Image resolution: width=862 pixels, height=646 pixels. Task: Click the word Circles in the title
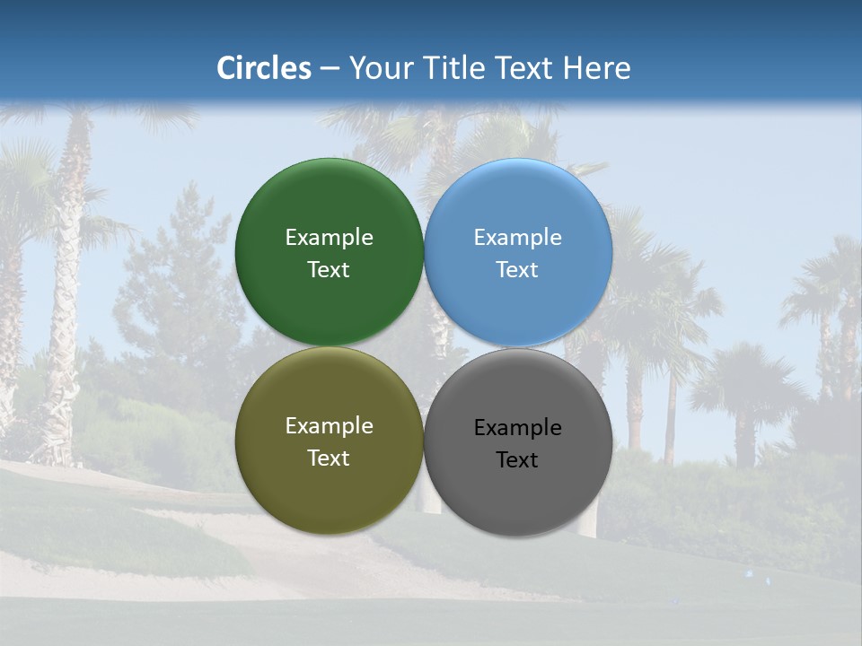pos(264,68)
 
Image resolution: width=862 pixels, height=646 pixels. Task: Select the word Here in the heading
pos(596,68)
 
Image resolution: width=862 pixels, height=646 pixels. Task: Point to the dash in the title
pos(330,69)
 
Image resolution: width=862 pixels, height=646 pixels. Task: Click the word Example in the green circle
pos(329,238)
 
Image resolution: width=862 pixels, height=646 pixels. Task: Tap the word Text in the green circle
pos(329,270)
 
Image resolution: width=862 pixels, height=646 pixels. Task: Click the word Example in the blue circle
pos(518,238)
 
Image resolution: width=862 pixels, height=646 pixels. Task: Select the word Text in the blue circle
pos(518,270)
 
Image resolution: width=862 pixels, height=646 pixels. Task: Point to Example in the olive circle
pos(329,426)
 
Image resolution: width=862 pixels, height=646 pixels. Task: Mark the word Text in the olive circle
pos(329,458)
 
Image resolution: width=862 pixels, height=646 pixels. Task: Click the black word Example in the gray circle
pos(518,428)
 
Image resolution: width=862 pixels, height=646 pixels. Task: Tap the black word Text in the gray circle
pos(518,460)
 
